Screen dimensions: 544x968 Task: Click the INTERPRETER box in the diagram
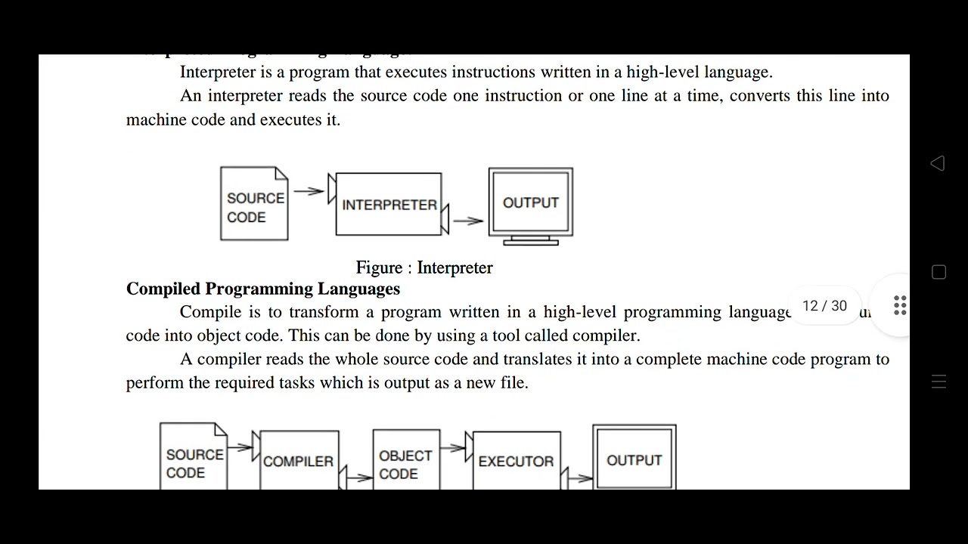(x=389, y=204)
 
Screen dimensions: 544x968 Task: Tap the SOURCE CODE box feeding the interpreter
(x=254, y=205)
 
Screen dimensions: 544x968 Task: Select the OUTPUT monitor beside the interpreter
(x=530, y=202)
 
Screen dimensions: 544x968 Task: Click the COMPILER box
(x=298, y=460)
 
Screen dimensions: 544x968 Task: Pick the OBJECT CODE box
(x=406, y=463)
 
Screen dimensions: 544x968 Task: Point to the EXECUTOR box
(x=516, y=460)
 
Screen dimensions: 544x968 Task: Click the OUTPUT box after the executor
(x=634, y=459)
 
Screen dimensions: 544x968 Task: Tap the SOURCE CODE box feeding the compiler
(x=194, y=462)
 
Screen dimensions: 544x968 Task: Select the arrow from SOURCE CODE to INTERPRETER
(x=309, y=192)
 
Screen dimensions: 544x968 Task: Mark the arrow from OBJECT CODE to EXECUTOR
(x=452, y=447)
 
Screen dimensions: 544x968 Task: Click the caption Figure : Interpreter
(x=424, y=267)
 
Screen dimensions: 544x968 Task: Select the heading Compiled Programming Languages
(x=263, y=289)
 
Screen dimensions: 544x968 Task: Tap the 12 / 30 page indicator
(x=824, y=306)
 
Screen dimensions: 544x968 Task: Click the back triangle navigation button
(x=938, y=163)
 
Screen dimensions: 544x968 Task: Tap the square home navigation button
(x=939, y=273)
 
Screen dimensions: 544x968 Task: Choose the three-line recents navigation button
(x=939, y=382)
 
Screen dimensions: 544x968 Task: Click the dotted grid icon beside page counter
(x=900, y=306)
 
